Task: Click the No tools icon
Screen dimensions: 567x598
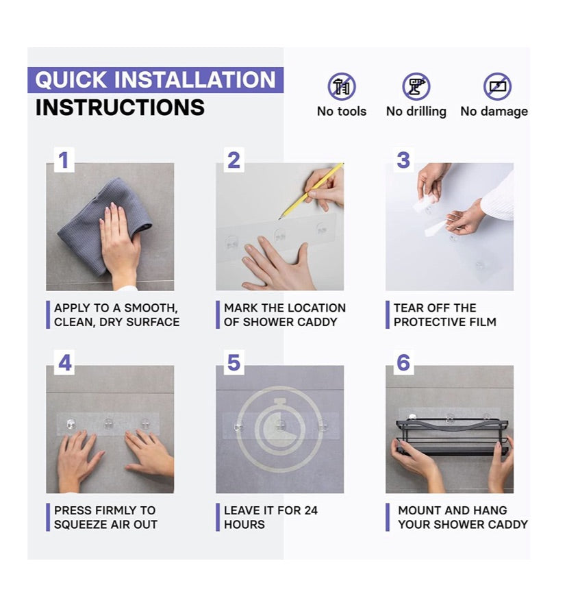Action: (341, 86)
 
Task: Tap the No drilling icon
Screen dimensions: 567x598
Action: (416, 86)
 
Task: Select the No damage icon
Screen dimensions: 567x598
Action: (497, 86)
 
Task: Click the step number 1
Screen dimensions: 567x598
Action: (64, 160)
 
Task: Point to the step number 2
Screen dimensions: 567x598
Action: (234, 160)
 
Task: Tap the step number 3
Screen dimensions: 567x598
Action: (403, 160)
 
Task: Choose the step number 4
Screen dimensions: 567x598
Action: (64, 362)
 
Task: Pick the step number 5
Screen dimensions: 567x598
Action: (234, 362)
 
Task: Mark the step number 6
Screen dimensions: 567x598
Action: (403, 362)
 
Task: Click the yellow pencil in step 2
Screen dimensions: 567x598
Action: (311, 190)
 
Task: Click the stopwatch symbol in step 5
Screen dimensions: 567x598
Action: (280, 429)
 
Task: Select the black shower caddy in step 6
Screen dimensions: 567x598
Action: (451, 436)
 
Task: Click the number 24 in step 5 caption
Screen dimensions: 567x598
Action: (311, 510)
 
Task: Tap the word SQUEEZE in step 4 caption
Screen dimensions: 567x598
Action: (79, 525)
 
